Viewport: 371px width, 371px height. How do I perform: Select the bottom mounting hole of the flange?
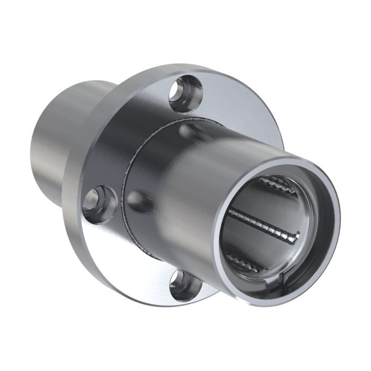click(186, 286)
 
